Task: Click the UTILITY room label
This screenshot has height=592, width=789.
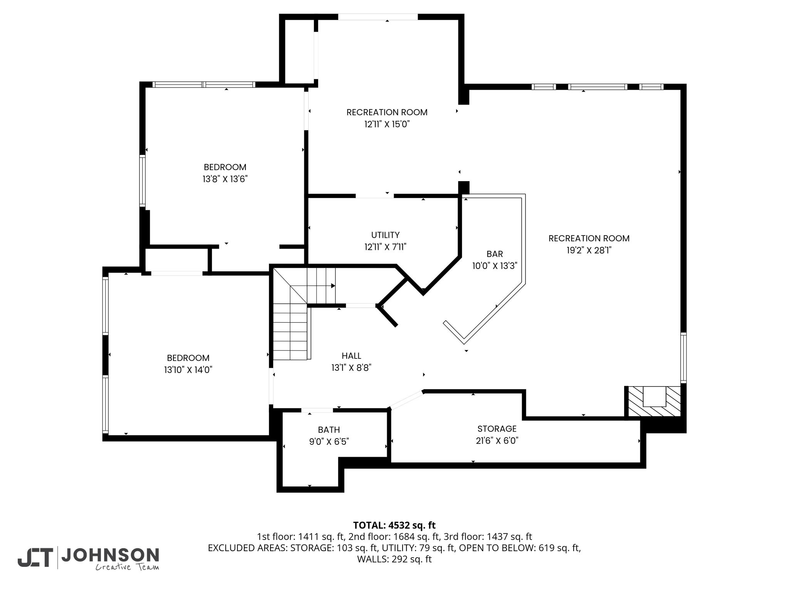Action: point(385,235)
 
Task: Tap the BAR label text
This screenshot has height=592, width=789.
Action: point(495,254)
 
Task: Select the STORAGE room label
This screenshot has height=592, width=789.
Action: point(497,429)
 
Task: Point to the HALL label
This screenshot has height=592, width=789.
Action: point(351,356)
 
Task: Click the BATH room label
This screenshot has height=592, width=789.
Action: point(329,429)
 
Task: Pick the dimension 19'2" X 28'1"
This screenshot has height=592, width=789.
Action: point(589,250)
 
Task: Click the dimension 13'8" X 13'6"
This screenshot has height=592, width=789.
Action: point(225,179)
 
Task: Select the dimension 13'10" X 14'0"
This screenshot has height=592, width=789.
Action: point(188,370)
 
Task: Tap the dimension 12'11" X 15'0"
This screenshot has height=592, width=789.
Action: point(387,124)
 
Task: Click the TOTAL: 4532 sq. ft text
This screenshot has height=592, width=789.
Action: point(394,525)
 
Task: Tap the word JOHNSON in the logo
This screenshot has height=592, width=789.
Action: point(110,555)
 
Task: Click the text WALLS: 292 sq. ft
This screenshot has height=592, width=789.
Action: point(394,559)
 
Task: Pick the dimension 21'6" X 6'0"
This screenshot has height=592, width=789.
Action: point(497,441)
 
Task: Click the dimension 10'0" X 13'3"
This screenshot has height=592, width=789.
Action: point(495,266)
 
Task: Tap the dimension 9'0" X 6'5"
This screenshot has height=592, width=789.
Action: point(329,441)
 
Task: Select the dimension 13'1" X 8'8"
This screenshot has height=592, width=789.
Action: point(351,368)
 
